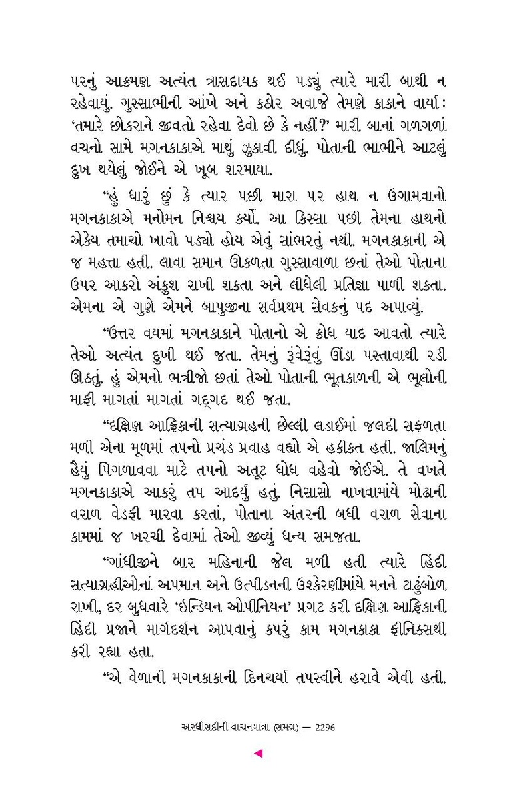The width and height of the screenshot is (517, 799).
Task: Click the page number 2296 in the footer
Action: pos(322,728)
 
